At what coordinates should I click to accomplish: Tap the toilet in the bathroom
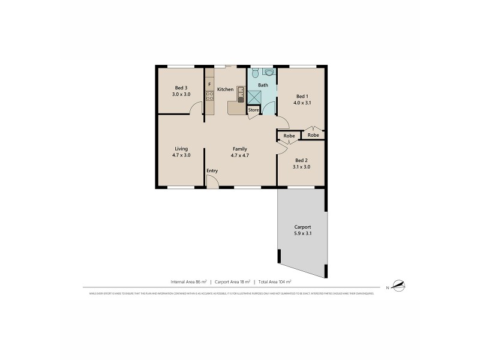256,73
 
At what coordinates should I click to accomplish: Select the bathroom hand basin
268,73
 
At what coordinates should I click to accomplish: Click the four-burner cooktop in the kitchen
209,96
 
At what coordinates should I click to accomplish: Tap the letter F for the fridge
209,85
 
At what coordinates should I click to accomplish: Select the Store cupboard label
254,110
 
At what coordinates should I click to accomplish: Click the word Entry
212,171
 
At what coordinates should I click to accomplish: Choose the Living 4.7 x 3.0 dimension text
181,155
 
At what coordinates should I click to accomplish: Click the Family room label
240,149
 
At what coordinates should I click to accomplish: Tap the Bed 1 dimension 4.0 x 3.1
302,103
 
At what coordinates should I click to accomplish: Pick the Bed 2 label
302,160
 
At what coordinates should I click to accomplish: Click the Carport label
302,227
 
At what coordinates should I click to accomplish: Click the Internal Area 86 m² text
188,281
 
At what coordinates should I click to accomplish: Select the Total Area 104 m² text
274,281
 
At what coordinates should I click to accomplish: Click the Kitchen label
225,89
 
